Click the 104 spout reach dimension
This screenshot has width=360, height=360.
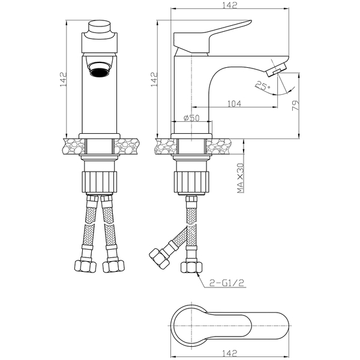click(x=234, y=104)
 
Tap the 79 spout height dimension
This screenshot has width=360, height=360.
click(x=296, y=106)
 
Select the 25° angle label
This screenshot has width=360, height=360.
click(x=262, y=86)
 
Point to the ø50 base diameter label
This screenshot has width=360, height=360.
click(x=192, y=118)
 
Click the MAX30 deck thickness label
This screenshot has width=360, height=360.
click(x=240, y=178)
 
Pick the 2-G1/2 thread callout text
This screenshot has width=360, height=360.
click(x=227, y=283)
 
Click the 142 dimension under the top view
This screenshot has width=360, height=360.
click(x=229, y=353)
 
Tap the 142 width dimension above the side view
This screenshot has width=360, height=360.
click(x=229, y=5)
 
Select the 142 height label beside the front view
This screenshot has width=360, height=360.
click(x=63, y=79)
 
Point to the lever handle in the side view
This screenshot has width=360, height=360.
click(x=212, y=37)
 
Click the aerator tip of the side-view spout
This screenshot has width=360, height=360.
click(x=277, y=70)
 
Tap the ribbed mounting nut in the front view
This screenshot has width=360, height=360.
click(x=100, y=182)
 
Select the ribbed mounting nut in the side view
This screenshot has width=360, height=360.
click(x=191, y=182)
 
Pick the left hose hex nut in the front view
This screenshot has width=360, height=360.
click(x=85, y=266)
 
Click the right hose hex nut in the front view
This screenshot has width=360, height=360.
click(x=113, y=266)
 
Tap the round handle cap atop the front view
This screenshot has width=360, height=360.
click(x=100, y=28)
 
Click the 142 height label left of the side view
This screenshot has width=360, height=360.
click(x=154, y=79)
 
